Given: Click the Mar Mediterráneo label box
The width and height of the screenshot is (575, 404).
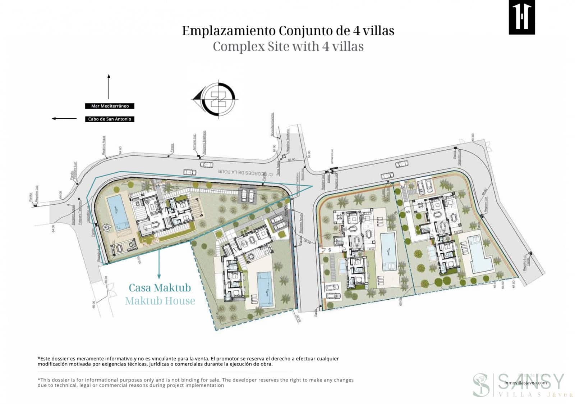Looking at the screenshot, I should pyautogui.click(x=110, y=106).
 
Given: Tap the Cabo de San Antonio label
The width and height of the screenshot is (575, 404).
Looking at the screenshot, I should pyautogui.click(x=110, y=119).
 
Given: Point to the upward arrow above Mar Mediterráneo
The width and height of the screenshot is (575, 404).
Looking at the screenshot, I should pyautogui.click(x=109, y=86).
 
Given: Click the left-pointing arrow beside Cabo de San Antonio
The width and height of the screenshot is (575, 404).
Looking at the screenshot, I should pyautogui.click(x=64, y=118).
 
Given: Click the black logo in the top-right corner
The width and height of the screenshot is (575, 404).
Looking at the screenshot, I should pyautogui.click(x=521, y=17).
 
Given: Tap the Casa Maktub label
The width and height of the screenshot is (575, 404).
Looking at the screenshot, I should pyautogui.click(x=160, y=288).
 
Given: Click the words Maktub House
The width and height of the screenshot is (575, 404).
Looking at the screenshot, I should pyautogui.click(x=160, y=301).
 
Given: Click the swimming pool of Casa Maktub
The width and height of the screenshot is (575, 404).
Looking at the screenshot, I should pyautogui.click(x=119, y=213).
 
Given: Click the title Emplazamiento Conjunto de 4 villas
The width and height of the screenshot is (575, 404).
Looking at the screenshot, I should pyautogui.click(x=288, y=31).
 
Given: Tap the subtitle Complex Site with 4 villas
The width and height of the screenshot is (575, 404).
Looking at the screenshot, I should pyautogui.click(x=288, y=46).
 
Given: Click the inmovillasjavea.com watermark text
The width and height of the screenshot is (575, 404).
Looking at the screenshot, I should pyautogui.click(x=525, y=383).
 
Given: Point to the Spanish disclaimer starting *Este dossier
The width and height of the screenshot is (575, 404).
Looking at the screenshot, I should pyautogui.click(x=188, y=361).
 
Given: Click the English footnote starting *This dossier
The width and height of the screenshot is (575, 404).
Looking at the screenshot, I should pyautogui.click(x=195, y=382).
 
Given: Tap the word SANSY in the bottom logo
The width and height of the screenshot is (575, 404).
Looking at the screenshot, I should pyautogui.click(x=531, y=381).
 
